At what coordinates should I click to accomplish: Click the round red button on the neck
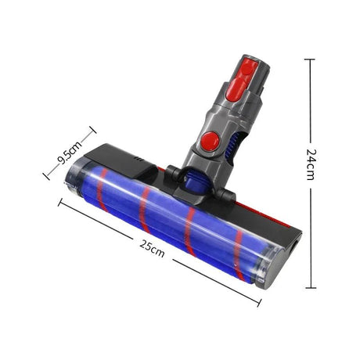(x=209, y=141)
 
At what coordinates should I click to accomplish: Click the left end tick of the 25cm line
(x=60, y=202)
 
